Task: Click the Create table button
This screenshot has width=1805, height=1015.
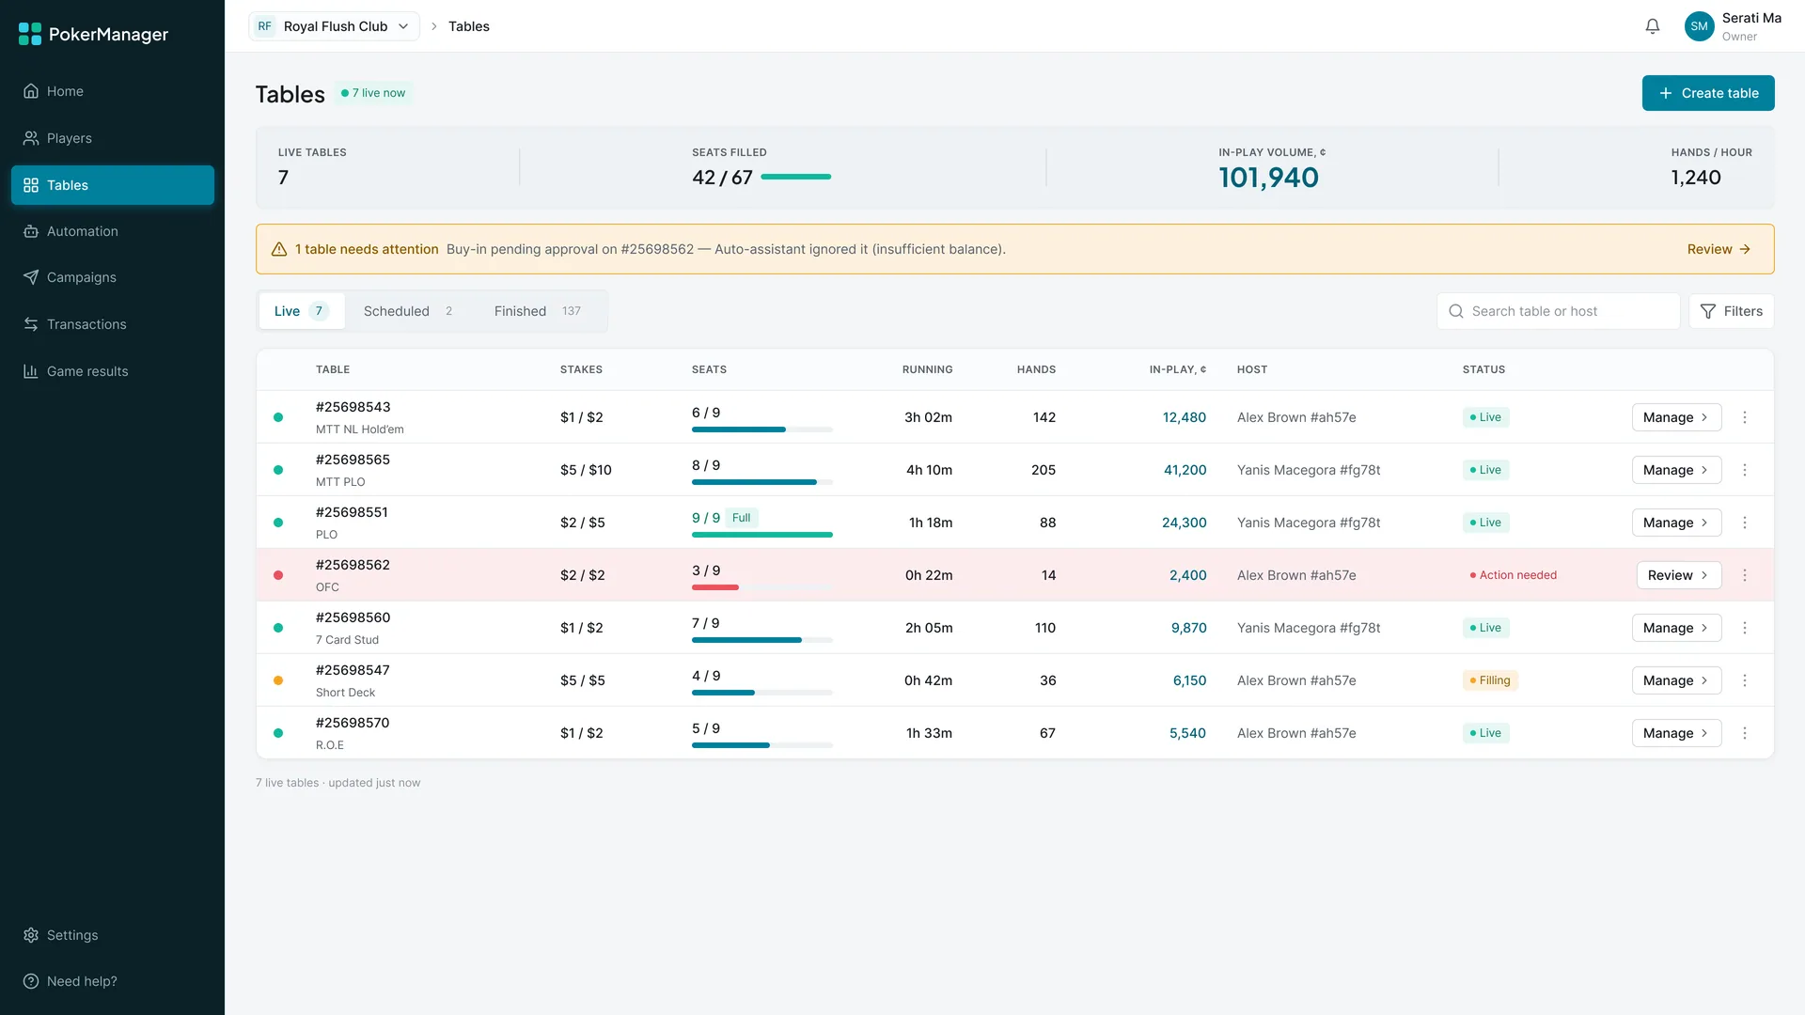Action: point(1707,93)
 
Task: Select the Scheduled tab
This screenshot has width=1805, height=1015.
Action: point(408,311)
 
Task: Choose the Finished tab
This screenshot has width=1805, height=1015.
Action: point(538,311)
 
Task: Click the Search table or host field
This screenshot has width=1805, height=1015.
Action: point(1558,311)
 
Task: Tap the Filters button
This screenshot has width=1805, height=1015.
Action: point(1731,311)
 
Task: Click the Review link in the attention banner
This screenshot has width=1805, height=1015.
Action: point(1719,249)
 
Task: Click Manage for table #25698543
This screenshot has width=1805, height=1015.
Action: point(1676,417)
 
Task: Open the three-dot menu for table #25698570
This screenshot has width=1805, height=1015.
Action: point(1745,733)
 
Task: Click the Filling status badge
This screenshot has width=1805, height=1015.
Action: point(1490,680)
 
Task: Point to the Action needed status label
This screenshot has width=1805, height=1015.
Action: point(1513,575)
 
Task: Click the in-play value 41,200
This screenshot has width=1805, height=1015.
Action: point(1185,470)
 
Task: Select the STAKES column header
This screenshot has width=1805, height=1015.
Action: point(581,369)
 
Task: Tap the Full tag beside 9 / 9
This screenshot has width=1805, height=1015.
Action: point(742,518)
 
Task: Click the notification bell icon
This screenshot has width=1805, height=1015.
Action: point(1653,26)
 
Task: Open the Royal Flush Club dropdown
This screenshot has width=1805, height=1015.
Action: point(334,26)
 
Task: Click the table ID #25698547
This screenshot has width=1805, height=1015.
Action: point(353,670)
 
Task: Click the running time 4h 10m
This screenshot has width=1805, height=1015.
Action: point(929,470)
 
